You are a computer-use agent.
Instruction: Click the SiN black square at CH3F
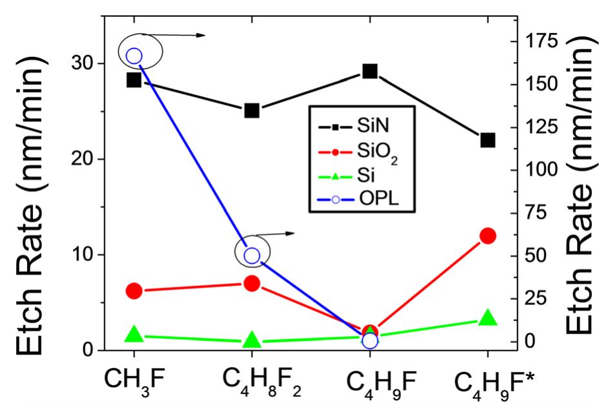click(x=134, y=80)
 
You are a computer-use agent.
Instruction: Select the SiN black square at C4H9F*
click(x=487, y=140)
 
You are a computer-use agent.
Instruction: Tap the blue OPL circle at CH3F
click(x=134, y=56)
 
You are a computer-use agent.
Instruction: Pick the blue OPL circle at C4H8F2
click(x=252, y=256)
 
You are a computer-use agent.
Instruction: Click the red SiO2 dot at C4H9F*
click(x=487, y=236)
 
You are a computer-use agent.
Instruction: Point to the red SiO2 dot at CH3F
click(x=134, y=291)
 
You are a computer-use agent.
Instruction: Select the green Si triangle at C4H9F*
click(x=487, y=318)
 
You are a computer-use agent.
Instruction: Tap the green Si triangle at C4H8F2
click(x=252, y=340)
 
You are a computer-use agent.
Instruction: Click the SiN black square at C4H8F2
click(x=252, y=110)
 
